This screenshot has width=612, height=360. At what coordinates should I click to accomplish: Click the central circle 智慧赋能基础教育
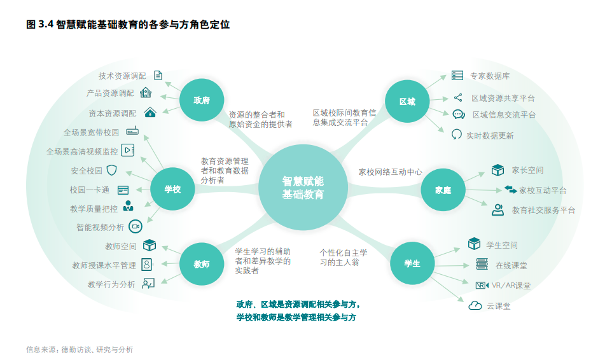tap(303, 188)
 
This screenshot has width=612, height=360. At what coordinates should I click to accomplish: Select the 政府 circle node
tap(202, 100)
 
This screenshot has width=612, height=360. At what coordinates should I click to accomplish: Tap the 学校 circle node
tap(172, 189)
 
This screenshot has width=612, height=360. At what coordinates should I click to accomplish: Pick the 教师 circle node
tap(202, 264)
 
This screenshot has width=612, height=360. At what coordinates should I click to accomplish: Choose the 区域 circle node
tap(407, 101)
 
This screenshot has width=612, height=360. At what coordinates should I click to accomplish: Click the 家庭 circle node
tap(443, 190)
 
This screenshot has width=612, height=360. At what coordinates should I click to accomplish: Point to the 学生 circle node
tap(412, 263)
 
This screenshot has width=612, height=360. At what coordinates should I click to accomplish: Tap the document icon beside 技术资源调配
tap(158, 75)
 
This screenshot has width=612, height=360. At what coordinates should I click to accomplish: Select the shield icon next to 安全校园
tap(112, 170)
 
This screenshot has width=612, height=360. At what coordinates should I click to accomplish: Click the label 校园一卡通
tap(90, 190)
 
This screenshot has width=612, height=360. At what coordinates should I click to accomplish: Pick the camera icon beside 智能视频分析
tap(135, 226)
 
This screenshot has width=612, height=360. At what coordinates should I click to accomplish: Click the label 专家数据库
tap(490, 76)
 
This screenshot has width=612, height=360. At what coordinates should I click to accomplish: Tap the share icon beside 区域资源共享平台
tap(458, 98)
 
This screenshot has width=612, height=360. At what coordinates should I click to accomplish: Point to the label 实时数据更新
tap(490, 135)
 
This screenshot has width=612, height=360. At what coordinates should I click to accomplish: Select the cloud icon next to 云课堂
tap(475, 305)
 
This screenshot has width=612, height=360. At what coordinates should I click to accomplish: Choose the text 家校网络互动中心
tap(390, 172)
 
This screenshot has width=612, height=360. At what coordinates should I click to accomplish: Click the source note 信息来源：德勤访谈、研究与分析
tap(80, 349)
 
